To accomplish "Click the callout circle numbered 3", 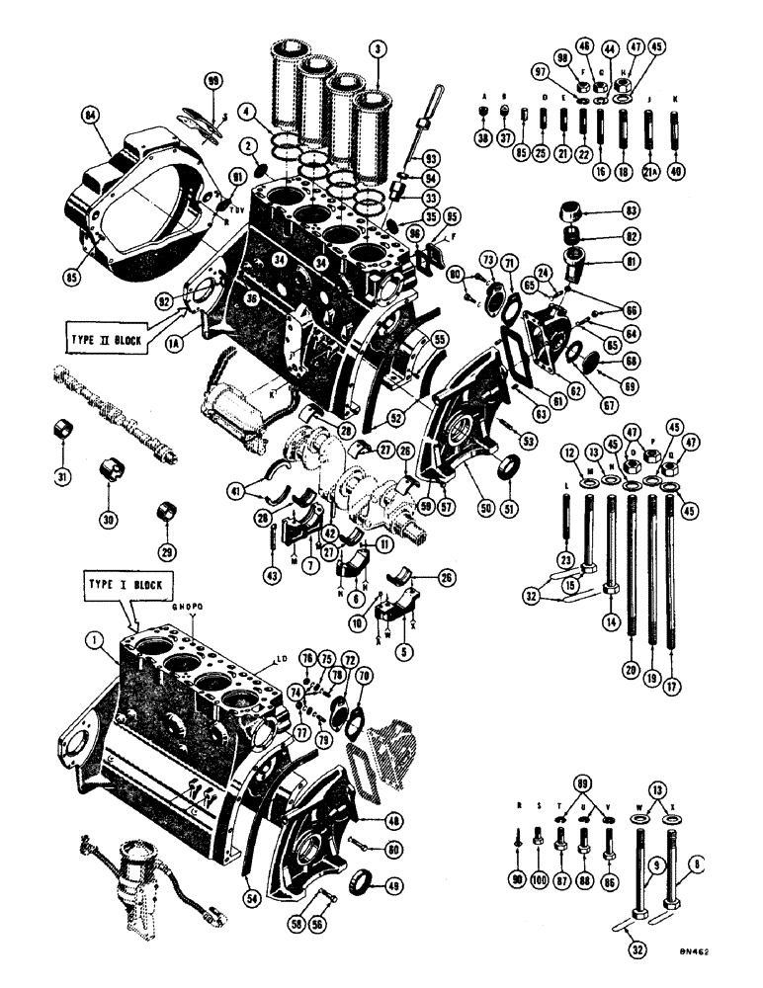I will (376, 45).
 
